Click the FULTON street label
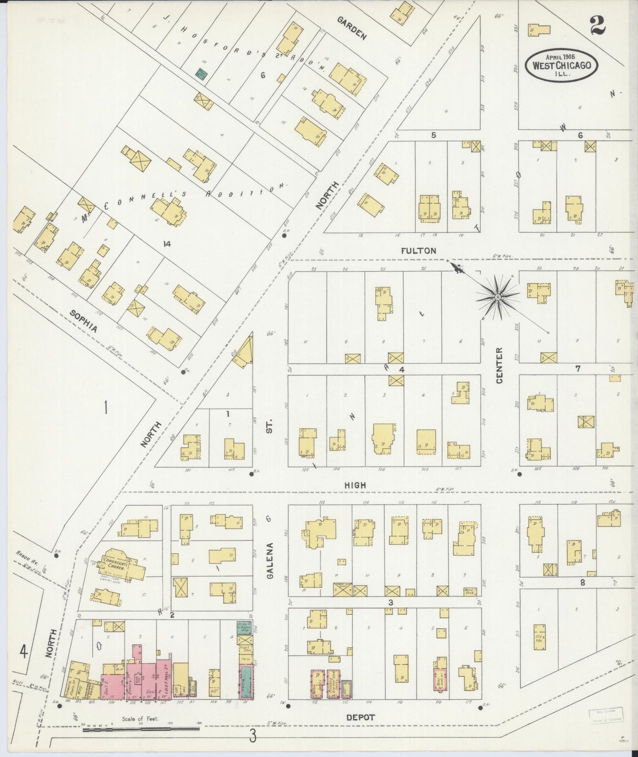tap(419, 250)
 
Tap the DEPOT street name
tap(360, 717)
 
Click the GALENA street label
tap(271, 557)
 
